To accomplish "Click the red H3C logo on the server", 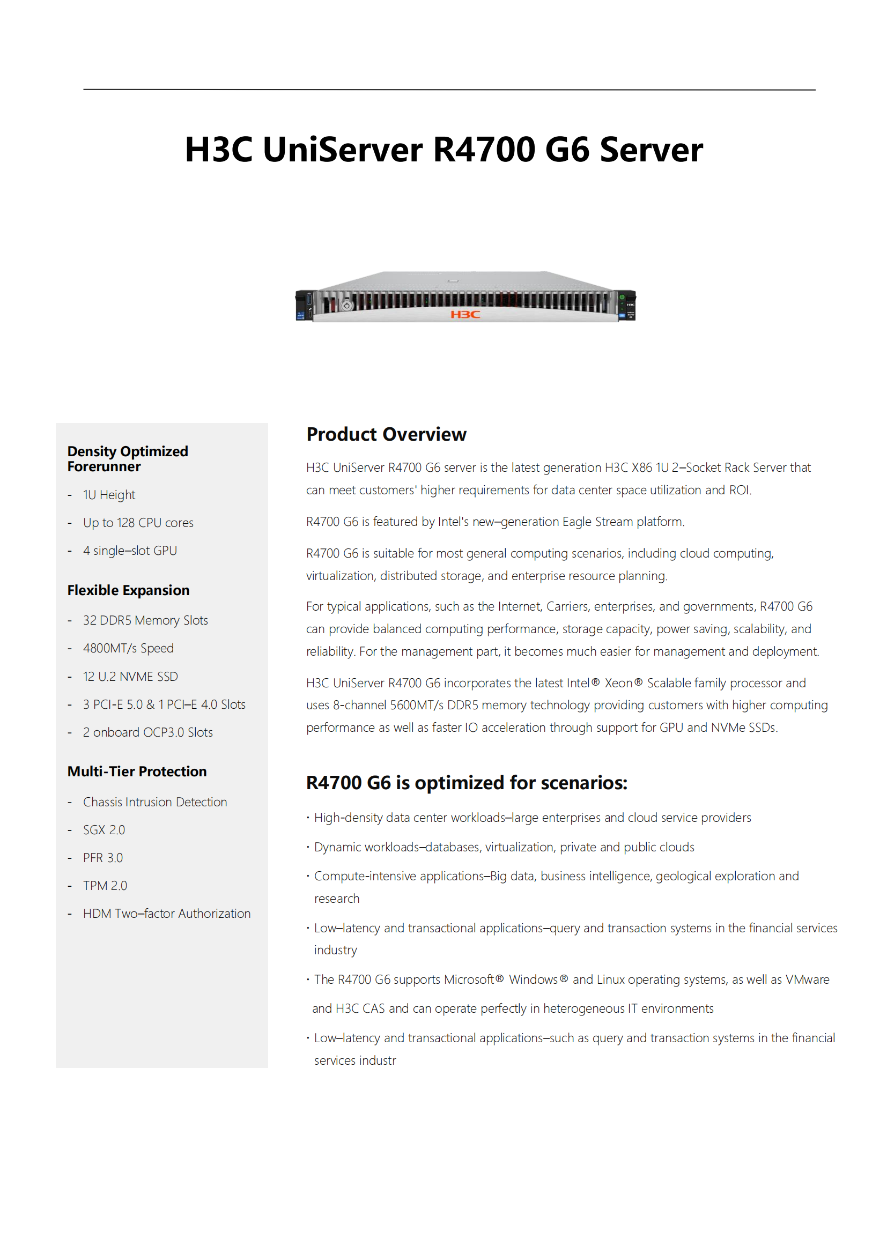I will point(465,315).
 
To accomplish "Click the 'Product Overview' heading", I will point(386,434).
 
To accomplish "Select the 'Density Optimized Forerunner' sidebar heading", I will point(127,459).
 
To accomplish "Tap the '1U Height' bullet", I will point(109,495).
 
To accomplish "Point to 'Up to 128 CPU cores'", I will point(138,523).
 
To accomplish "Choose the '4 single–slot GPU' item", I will point(130,551).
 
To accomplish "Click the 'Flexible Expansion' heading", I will point(128,590).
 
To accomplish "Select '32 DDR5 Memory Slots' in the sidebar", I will point(145,620).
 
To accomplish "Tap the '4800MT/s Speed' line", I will point(128,648).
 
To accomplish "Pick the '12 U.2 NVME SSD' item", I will point(130,677).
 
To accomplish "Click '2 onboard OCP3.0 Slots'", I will point(147,732).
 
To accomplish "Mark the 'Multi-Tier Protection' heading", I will point(137,771).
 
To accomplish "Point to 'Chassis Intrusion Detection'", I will point(155,803).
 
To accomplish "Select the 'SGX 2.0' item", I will point(104,830).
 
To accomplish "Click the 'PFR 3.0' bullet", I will point(102,858).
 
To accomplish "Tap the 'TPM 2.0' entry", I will point(105,886).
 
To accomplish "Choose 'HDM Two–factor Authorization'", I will point(167,914).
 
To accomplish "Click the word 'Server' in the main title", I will point(651,150).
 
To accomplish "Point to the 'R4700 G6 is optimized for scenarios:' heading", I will point(467,783).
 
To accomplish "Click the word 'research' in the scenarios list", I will point(336,899).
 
